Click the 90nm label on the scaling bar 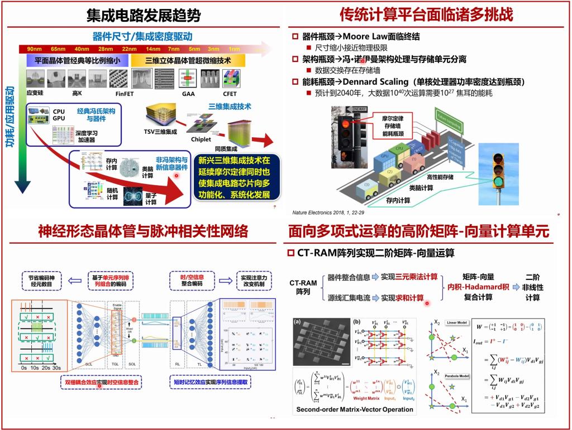click(34, 50)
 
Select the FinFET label click(124, 94)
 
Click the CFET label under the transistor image click(230, 94)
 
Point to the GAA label click(188, 94)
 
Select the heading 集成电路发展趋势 click(143, 15)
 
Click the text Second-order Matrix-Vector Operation click(355, 409)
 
